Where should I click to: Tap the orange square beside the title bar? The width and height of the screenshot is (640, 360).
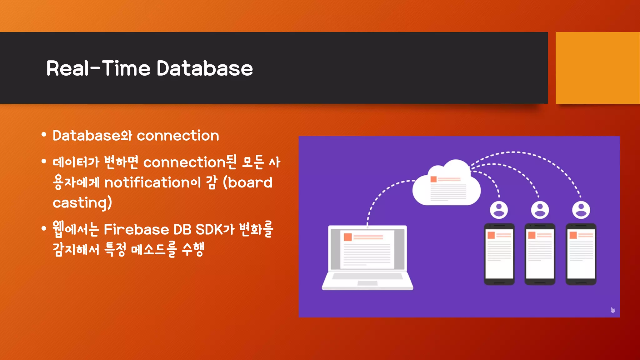[597, 68]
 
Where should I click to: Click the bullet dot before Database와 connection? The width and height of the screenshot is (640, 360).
[44, 135]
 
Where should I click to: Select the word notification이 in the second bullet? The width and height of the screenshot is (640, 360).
[152, 182]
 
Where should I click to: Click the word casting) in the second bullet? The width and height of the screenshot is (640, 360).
[82, 203]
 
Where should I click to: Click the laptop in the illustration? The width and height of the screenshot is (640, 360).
[367, 258]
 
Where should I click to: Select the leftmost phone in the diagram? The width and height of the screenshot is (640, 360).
[499, 254]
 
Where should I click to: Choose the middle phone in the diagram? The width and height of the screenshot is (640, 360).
[540, 254]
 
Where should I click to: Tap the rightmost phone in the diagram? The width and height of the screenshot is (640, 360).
[581, 254]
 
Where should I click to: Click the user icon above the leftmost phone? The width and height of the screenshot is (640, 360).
[499, 210]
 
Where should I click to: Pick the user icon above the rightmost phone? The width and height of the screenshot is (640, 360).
[581, 210]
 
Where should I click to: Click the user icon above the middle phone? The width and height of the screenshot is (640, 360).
[540, 210]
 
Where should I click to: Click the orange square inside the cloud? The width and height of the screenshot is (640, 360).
[433, 179]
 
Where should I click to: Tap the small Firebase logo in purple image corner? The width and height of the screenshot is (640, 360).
[612, 310]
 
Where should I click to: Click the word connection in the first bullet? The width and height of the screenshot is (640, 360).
[178, 136]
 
